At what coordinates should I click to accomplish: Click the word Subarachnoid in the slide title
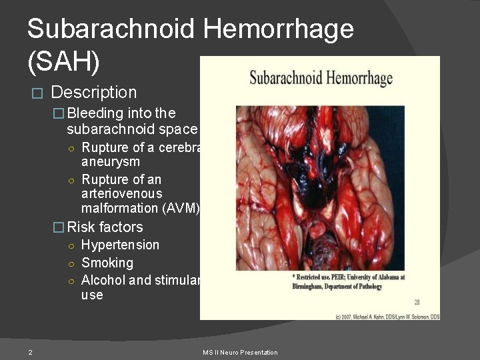110,29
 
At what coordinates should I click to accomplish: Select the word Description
93,92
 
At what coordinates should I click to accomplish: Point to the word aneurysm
111,162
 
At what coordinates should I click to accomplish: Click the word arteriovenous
121,193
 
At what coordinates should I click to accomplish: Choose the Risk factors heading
105,227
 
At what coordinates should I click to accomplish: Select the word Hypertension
120,245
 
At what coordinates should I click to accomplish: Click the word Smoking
107,263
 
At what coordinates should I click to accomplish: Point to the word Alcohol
103,280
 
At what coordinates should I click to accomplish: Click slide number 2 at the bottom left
31,352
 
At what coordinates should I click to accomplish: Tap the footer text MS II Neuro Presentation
240,352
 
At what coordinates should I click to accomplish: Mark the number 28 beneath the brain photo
417,302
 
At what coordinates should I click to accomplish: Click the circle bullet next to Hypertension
71,245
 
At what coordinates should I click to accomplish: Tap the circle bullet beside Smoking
71,263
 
